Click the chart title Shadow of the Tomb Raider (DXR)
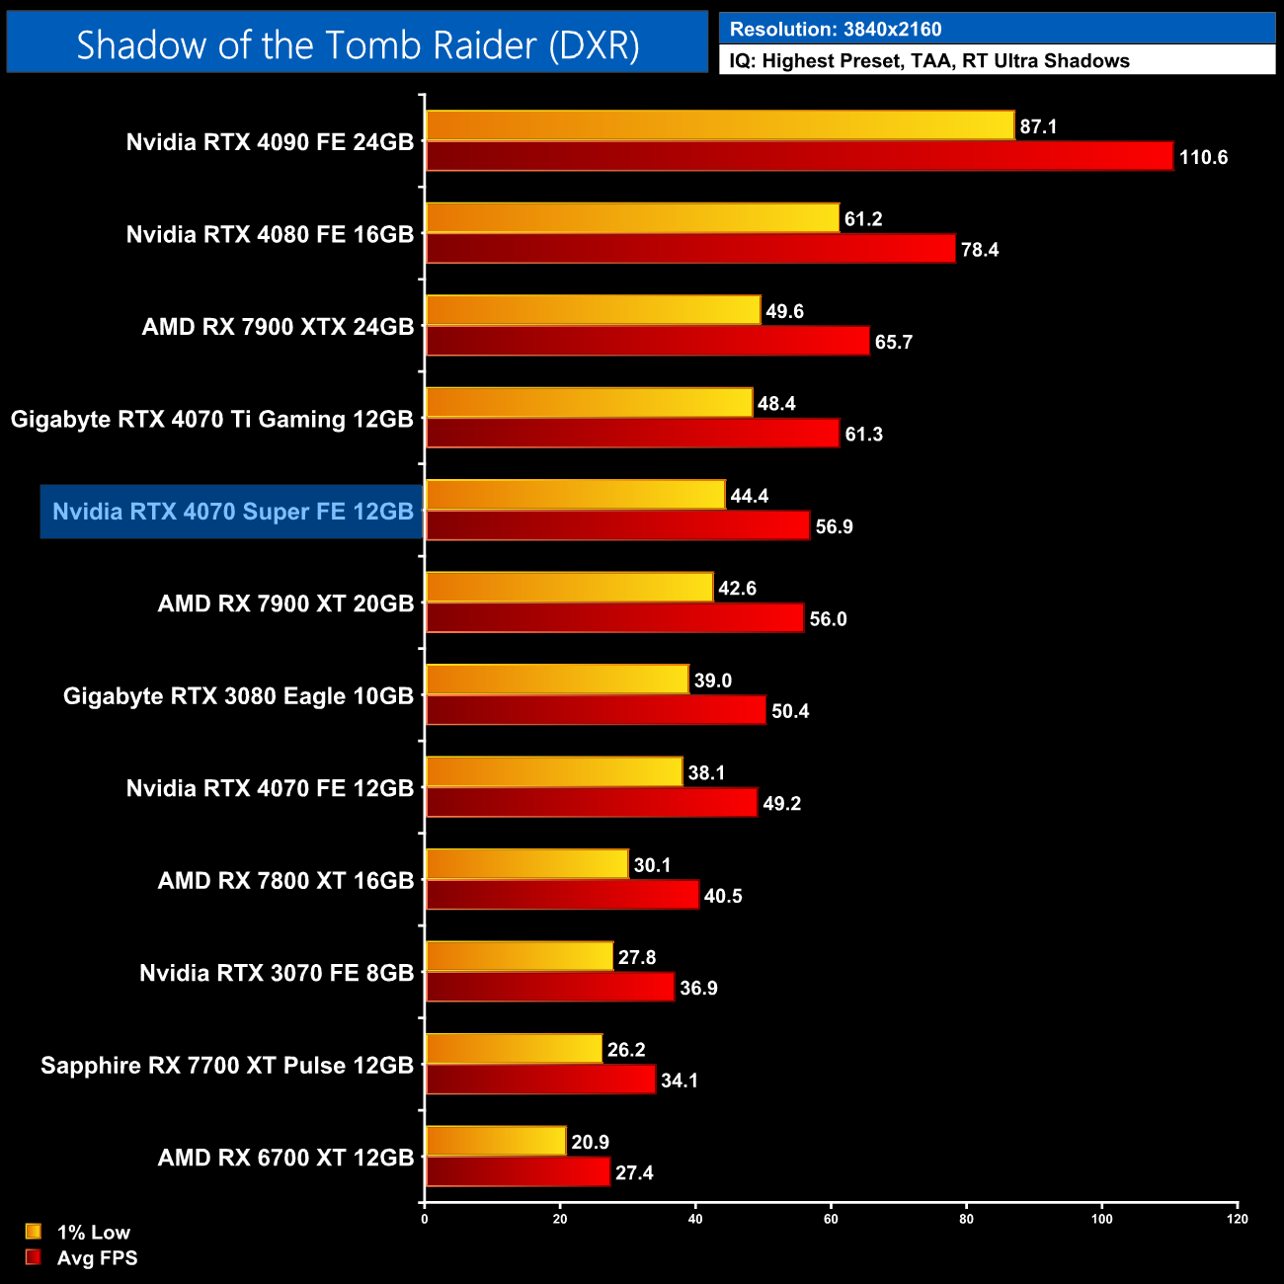click(x=358, y=44)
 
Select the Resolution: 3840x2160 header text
click(x=836, y=30)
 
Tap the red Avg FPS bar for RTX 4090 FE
click(x=799, y=156)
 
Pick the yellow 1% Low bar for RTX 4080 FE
click(x=632, y=218)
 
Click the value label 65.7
click(x=894, y=342)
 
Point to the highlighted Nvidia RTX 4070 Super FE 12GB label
click(x=233, y=512)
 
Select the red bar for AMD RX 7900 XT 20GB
click(x=614, y=618)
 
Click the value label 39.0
click(x=712, y=681)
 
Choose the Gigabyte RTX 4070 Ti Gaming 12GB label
click(x=212, y=419)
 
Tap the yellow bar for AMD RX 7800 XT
click(x=526, y=864)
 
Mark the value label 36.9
click(x=698, y=988)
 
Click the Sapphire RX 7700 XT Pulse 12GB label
click(x=227, y=1066)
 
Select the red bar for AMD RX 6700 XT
click(x=518, y=1172)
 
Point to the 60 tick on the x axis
click(x=831, y=1219)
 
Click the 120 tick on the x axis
click(x=1238, y=1219)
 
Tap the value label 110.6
click(x=1203, y=157)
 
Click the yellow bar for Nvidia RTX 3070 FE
click(x=520, y=956)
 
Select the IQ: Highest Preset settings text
click(x=928, y=60)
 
